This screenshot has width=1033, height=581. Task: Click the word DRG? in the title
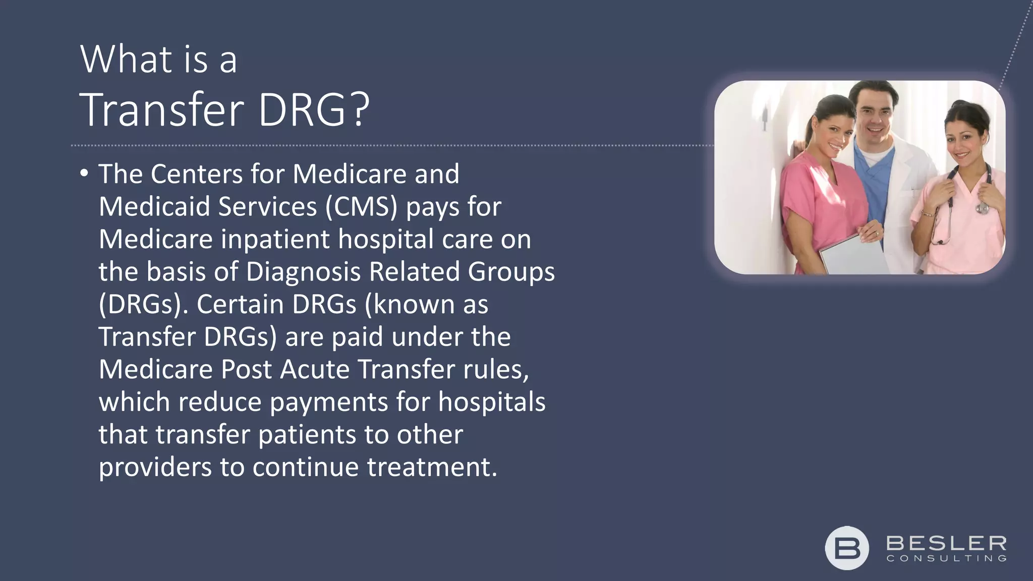[x=314, y=110]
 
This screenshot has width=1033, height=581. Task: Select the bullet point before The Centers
[x=84, y=174]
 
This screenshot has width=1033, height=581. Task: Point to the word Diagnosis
[x=303, y=272]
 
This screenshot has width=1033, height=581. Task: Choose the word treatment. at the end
[x=432, y=467]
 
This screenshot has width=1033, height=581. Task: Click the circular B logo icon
[x=847, y=548]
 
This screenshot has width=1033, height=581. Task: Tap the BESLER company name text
[x=946, y=544]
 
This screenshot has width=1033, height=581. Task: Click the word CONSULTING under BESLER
[x=946, y=558]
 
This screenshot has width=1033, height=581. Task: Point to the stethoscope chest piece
[x=982, y=207]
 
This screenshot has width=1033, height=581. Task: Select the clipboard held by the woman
[x=853, y=255]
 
